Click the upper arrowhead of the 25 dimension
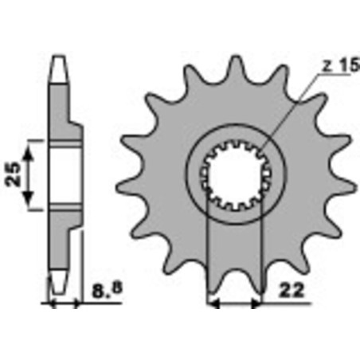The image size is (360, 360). [x=33, y=143]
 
